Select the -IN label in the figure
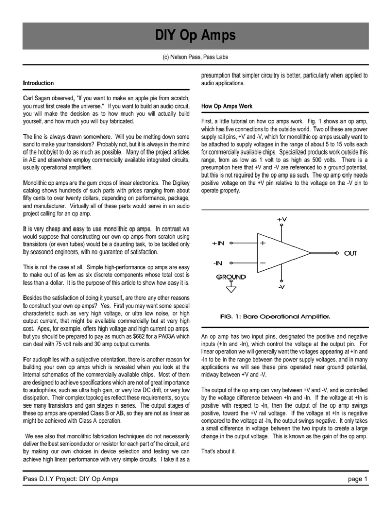[218, 263]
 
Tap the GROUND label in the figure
[224, 277]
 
